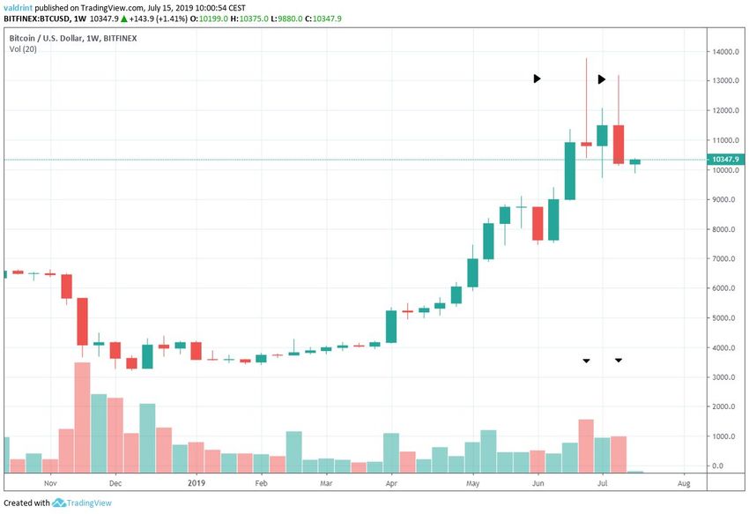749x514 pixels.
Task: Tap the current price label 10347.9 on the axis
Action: click(727, 160)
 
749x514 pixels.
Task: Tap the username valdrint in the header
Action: click(23, 8)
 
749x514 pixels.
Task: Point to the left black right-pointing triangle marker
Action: click(537, 78)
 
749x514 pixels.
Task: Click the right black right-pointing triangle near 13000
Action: click(602, 79)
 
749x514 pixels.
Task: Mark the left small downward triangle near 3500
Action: click(586, 361)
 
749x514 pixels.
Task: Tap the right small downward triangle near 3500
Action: click(619, 360)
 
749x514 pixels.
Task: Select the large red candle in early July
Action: click(619, 145)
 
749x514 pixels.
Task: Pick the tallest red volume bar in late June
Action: click(586, 445)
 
